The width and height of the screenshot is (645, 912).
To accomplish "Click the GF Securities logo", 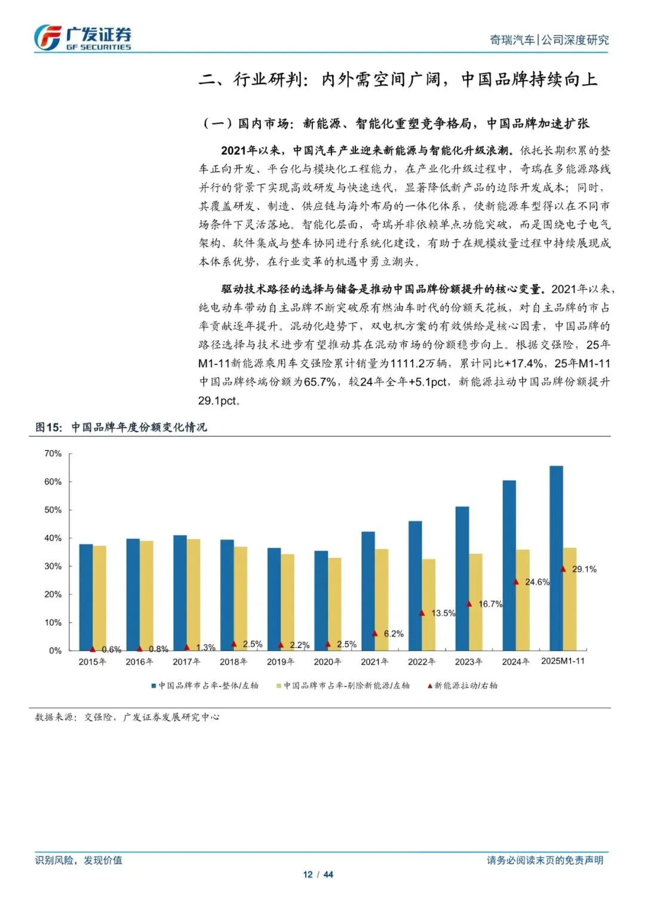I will click(x=82, y=38).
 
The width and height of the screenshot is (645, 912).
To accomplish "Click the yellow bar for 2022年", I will click(x=429, y=604).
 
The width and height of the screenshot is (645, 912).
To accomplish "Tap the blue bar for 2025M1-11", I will click(x=556, y=558).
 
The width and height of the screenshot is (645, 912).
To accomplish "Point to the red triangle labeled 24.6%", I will click(x=516, y=582).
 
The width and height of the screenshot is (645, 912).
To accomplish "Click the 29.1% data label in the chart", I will click(x=584, y=569).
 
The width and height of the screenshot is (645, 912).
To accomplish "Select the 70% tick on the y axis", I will click(x=53, y=454).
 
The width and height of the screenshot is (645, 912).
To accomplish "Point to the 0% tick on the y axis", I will click(x=56, y=650).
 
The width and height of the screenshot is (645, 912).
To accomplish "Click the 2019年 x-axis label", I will click(x=280, y=662).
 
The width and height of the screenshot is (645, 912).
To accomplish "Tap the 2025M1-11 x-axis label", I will click(x=563, y=661).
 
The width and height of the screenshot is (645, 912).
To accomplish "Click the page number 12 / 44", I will click(x=318, y=874).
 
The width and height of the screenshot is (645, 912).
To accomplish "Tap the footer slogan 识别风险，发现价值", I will click(x=78, y=860).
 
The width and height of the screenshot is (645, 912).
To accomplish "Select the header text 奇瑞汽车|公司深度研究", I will click(x=549, y=40).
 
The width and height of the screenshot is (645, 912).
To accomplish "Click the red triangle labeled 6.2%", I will click(x=375, y=633).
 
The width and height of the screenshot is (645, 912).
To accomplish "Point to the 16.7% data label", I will click(x=490, y=604).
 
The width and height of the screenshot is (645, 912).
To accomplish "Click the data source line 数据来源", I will click(x=127, y=717).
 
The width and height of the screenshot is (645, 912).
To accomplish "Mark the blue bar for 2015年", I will click(x=86, y=597).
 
